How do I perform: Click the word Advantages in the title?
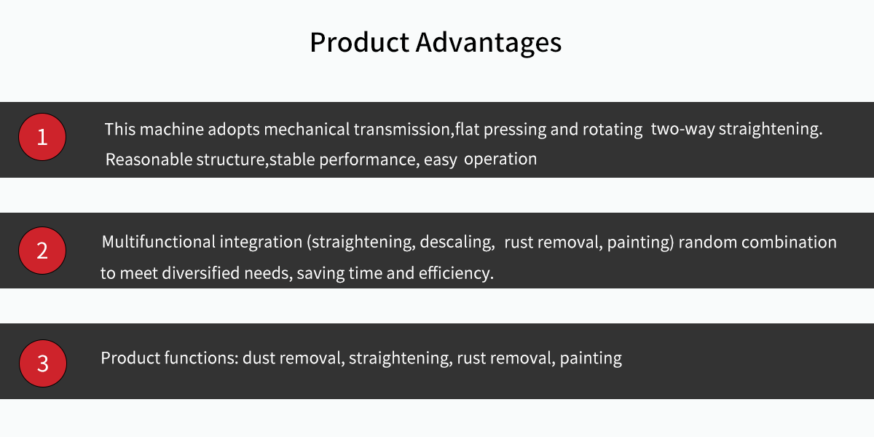(489, 42)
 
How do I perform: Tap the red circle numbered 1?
(42, 137)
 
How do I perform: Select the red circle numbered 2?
(42, 251)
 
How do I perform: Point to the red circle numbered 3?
(43, 363)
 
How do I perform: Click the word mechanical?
(307, 129)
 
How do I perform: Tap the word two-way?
(683, 129)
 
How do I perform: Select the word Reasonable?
(149, 160)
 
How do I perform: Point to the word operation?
(500, 160)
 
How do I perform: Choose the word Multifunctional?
(159, 242)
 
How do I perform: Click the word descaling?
(457, 243)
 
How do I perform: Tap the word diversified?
(201, 273)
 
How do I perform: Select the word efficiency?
(456, 273)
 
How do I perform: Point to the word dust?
(259, 358)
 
